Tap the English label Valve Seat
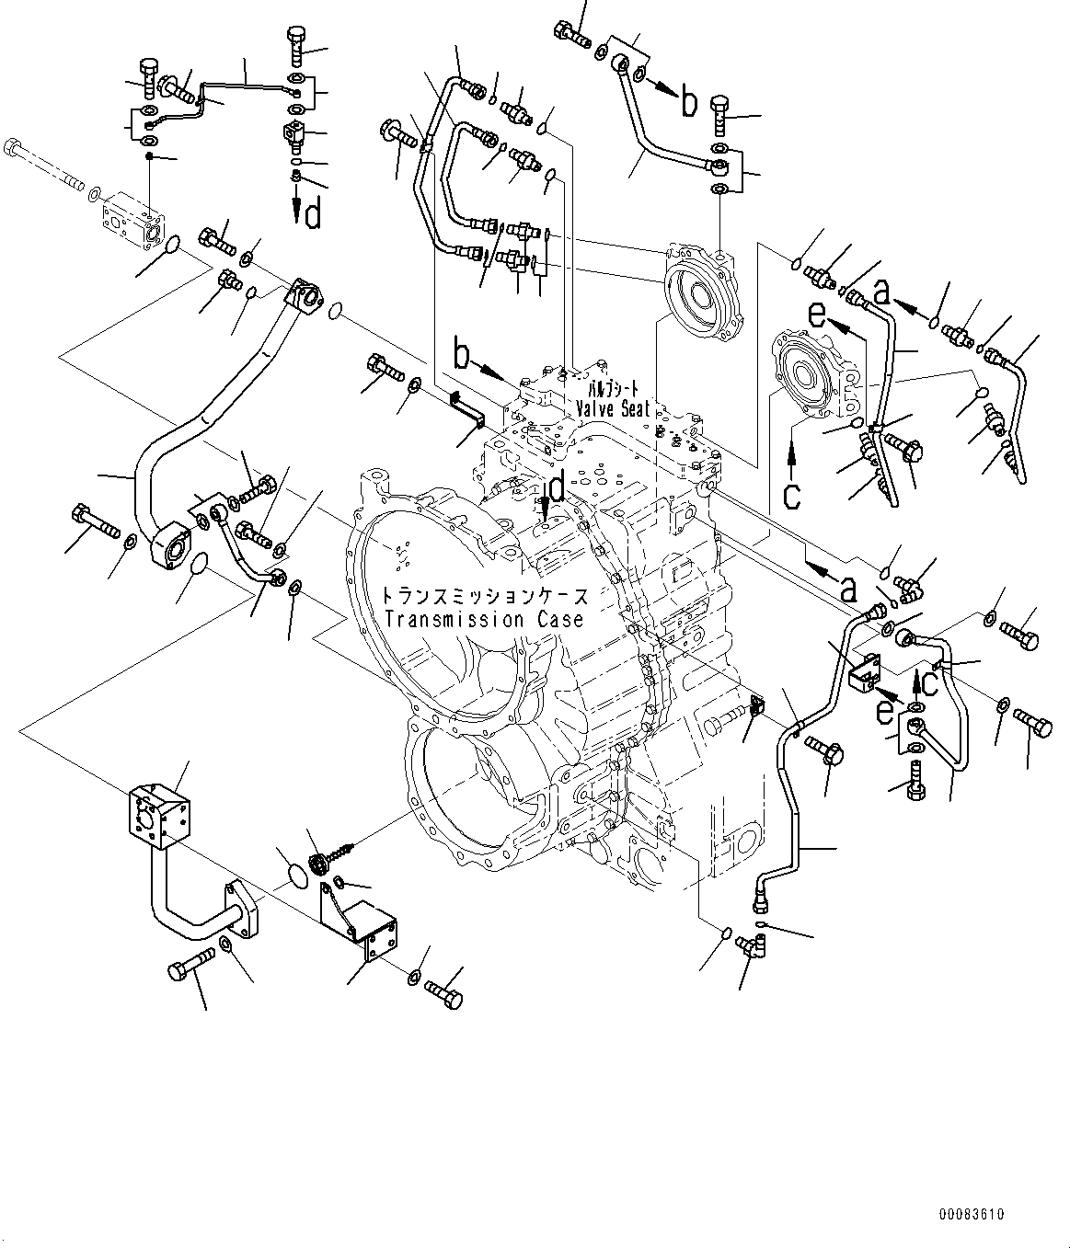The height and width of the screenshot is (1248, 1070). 613,409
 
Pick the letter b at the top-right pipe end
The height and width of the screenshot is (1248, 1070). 688,103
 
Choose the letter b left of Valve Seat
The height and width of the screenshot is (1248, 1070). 463,356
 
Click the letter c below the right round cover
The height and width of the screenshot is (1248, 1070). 792,495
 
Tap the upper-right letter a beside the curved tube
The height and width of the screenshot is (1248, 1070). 881,293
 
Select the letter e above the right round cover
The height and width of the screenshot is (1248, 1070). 817,316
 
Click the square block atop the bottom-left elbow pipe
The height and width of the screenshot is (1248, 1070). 159,817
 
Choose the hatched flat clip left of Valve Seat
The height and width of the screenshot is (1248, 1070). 467,410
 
